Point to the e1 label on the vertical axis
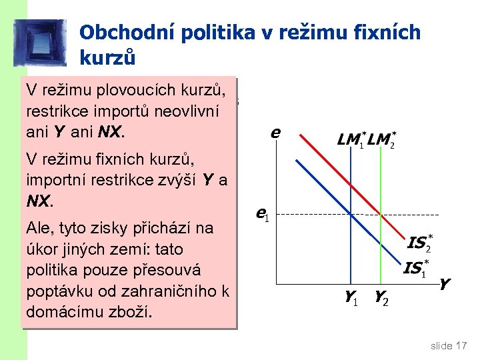[x=262, y=214]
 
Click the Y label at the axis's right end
[x=444, y=285]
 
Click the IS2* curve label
[x=419, y=243]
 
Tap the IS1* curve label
[x=415, y=269]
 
